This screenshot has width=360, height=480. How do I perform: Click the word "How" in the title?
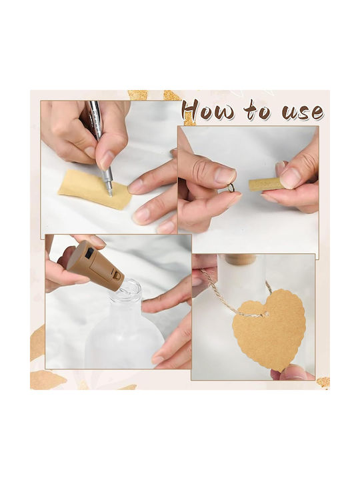pos(209,109)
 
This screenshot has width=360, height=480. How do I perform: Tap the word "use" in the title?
pos(302,112)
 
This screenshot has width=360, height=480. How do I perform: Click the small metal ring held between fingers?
pos(234,187)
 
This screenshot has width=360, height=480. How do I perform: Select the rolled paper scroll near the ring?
pos(266,184)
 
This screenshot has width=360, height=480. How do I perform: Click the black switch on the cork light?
pos(90,254)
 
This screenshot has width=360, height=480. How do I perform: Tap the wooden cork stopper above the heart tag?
pos(241,259)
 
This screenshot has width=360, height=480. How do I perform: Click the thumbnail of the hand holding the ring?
pos(225,175)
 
